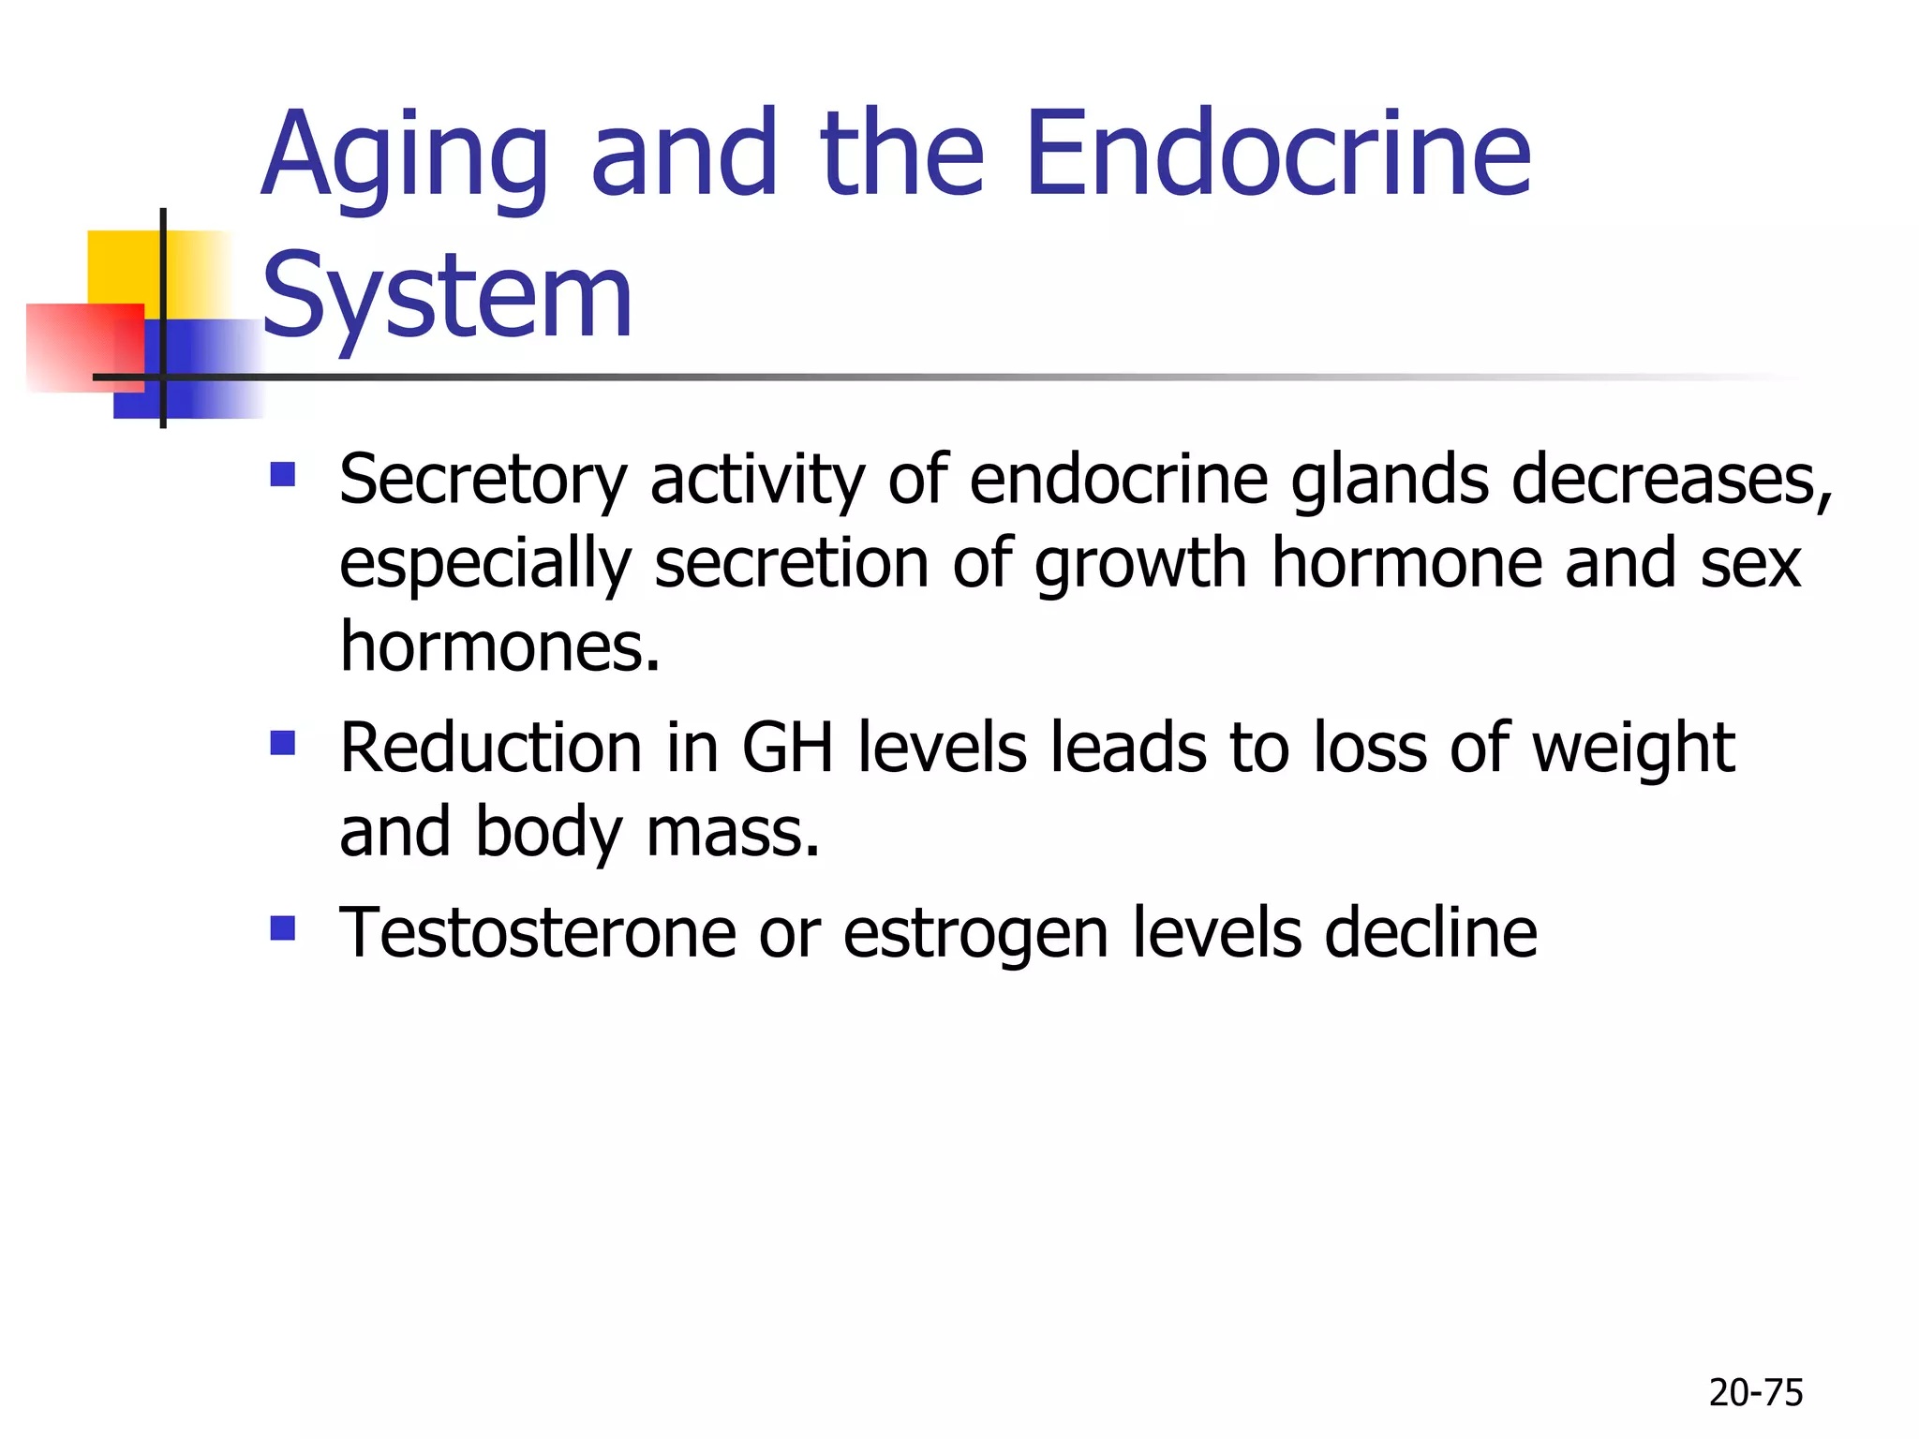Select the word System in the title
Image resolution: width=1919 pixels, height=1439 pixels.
pos(447,298)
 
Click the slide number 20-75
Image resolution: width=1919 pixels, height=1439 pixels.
pos(1755,1393)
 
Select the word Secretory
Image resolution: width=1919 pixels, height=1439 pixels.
pos(483,480)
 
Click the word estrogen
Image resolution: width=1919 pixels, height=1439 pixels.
pos(975,935)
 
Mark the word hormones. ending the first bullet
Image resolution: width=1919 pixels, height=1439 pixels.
pos(499,646)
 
